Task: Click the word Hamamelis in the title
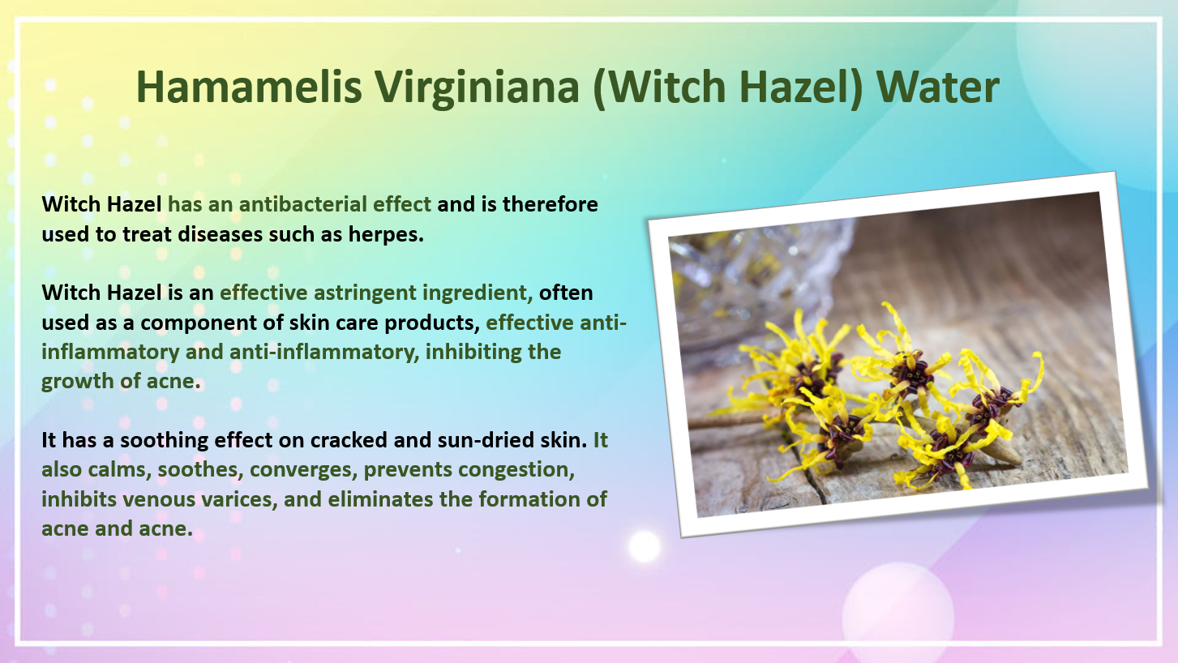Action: point(249,87)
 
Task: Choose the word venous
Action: point(160,499)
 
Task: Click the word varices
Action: point(239,499)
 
